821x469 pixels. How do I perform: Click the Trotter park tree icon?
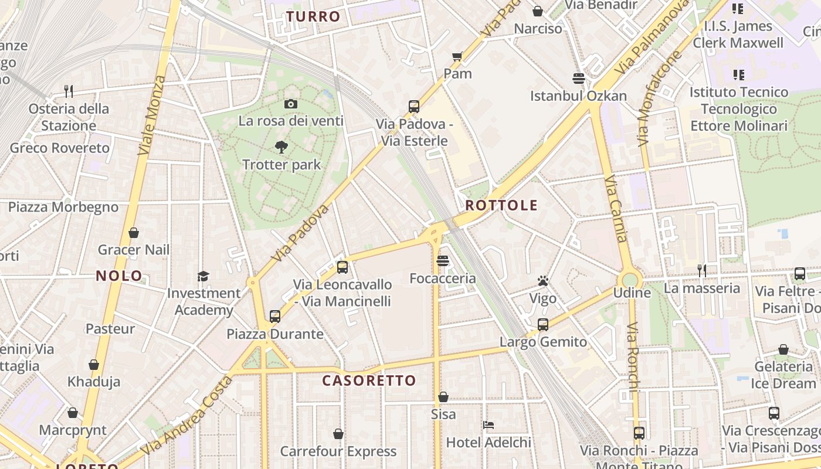coord(281,147)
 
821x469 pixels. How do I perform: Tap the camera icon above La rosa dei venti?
coord(290,104)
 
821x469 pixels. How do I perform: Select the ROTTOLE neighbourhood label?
coord(501,205)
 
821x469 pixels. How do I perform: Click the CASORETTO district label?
coord(369,380)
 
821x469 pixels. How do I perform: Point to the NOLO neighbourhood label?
coord(119,276)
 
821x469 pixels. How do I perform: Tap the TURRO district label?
coord(314,16)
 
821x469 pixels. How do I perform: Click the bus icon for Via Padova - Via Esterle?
coord(414,107)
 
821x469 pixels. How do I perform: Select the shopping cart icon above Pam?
coord(457,57)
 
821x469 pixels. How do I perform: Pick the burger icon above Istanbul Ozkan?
coord(579,79)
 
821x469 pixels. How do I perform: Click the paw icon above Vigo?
coord(543,281)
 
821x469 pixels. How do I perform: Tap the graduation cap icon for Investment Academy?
coord(203,276)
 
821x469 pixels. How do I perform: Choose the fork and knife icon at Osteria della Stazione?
coord(69,91)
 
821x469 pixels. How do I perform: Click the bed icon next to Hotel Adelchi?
coord(488,425)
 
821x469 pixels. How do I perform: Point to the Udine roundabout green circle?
coord(630,279)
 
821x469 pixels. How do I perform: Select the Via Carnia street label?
coord(616,208)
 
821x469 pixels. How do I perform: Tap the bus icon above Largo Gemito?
coord(543,325)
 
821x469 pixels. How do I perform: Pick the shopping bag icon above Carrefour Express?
coord(338,434)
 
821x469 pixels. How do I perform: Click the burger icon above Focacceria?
coord(443,261)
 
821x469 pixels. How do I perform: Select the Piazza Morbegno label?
coord(63,207)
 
